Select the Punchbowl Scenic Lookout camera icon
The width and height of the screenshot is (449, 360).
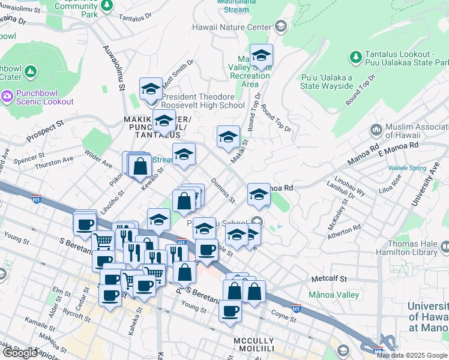click(x=7, y=96)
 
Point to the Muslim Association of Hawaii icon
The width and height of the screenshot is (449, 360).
click(x=376, y=130)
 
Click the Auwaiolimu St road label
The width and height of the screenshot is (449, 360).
click(x=112, y=69)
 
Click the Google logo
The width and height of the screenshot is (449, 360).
click(x=20, y=353)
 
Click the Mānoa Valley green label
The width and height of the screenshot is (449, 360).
click(x=333, y=295)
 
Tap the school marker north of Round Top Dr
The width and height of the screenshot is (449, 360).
click(x=261, y=56)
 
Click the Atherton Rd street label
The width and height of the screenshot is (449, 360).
click(x=344, y=232)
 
